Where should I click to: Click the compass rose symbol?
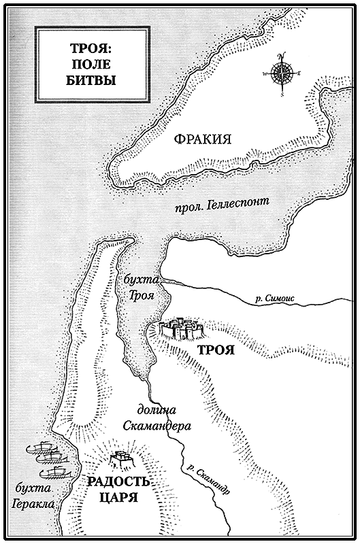coord(280,71)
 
